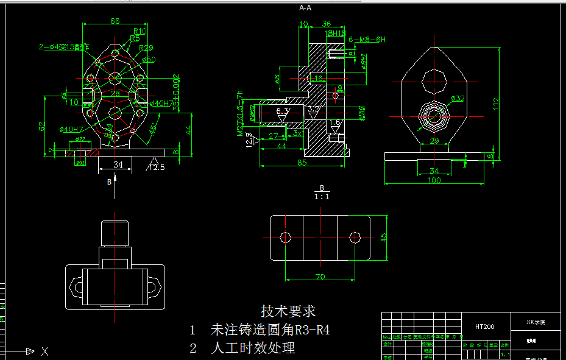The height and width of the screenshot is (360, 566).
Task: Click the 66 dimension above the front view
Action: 115,21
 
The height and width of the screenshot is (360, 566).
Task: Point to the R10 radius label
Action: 140,31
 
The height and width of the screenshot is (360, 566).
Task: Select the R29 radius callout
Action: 146,48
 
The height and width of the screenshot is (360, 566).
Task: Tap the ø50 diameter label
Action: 149,60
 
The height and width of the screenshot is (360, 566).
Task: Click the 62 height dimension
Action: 42,127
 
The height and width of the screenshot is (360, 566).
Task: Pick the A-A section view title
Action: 305,8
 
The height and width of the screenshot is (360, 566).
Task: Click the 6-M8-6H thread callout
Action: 367,40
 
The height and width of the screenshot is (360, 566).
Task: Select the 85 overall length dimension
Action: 302,162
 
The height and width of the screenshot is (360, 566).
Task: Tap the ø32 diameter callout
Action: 458,98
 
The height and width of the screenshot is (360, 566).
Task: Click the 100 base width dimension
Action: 434,181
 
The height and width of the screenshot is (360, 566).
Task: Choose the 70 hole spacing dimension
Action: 319,276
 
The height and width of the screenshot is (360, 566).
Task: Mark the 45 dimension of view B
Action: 384,238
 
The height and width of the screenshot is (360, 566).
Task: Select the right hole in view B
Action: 355,236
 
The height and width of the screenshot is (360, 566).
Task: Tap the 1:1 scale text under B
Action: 322,197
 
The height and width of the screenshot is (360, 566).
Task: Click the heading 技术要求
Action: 288,311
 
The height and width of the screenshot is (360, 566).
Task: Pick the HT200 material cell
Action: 485,326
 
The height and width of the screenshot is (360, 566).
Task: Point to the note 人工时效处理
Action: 253,348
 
